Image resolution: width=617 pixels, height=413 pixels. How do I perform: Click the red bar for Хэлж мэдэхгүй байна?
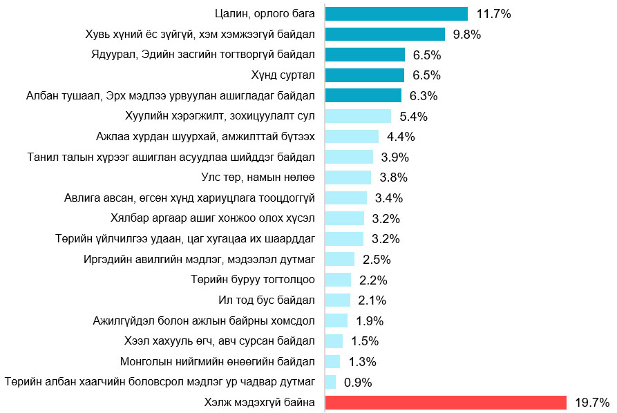[x=445, y=403]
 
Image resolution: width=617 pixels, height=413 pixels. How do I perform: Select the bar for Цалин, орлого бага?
[x=396, y=14]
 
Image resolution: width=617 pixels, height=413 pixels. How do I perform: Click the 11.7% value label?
[x=494, y=14]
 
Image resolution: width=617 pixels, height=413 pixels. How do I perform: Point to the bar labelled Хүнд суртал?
[x=364, y=75]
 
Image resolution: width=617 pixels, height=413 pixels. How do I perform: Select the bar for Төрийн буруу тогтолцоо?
[x=338, y=280]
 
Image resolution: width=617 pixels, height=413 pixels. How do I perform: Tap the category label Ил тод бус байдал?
[x=267, y=300]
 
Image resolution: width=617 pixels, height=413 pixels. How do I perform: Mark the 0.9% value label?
[x=358, y=382]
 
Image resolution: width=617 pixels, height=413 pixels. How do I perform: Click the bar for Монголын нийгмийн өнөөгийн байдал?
[x=332, y=362]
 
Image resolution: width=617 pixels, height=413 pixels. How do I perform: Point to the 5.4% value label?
[x=414, y=116]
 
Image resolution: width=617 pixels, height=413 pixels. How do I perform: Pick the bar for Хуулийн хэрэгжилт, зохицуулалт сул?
[x=358, y=116]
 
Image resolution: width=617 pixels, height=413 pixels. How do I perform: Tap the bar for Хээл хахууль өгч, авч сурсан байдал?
[x=334, y=341]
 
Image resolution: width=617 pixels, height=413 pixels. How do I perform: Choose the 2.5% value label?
[x=377, y=260]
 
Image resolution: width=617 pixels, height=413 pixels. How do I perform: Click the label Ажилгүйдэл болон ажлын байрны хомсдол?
[x=204, y=320]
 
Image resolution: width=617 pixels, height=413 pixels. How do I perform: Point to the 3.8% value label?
[x=393, y=177]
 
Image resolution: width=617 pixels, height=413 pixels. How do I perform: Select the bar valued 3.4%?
[x=345, y=198]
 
